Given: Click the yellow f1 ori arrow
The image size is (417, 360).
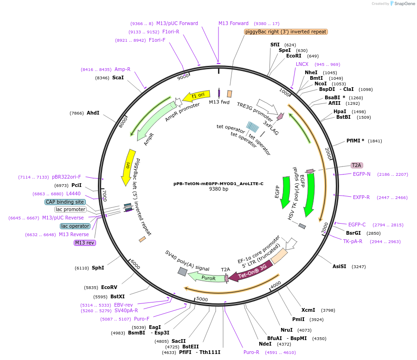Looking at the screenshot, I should click(196, 96).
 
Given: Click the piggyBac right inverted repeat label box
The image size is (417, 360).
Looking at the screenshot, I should click(286, 32).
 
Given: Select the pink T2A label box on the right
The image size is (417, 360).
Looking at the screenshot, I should click(357, 165).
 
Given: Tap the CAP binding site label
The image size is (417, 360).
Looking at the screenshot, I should click(65, 202).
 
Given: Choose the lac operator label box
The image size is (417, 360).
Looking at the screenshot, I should click(75, 226).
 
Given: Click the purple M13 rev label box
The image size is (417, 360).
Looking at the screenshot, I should click(84, 243).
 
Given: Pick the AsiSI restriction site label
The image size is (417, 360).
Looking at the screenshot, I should click(340, 266).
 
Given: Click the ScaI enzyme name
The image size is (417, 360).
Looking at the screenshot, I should click(118, 78).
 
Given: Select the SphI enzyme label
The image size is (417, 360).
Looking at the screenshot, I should click(98, 268).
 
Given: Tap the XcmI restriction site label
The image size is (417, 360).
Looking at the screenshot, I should click(308, 310).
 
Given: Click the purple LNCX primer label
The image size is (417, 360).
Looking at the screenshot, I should click(302, 64).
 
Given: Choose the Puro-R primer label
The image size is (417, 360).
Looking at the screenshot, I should click(251, 352).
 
